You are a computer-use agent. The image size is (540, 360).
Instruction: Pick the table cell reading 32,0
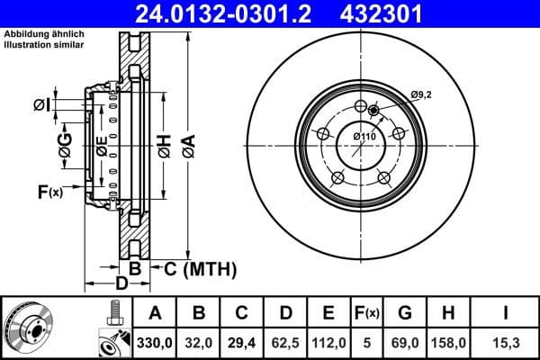tap(200, 341)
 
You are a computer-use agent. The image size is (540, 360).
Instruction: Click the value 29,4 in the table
tap(242, 341)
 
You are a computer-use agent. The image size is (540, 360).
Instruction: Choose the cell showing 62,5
tap(285, 341)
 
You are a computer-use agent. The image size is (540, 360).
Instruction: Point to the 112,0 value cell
tap(328, 341)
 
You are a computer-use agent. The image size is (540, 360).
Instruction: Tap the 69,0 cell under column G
tap(405, 341)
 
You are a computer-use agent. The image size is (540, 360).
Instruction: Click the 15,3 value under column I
tap(505, 341)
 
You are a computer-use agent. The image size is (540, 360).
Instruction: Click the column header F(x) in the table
tap(367, 313)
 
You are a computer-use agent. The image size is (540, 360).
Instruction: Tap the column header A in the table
tap(156, 313)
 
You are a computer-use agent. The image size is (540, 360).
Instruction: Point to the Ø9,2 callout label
tap(422, 94)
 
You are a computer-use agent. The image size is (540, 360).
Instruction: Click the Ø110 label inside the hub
tap(363, 136)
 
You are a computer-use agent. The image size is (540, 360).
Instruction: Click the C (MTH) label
tap(201, 268)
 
